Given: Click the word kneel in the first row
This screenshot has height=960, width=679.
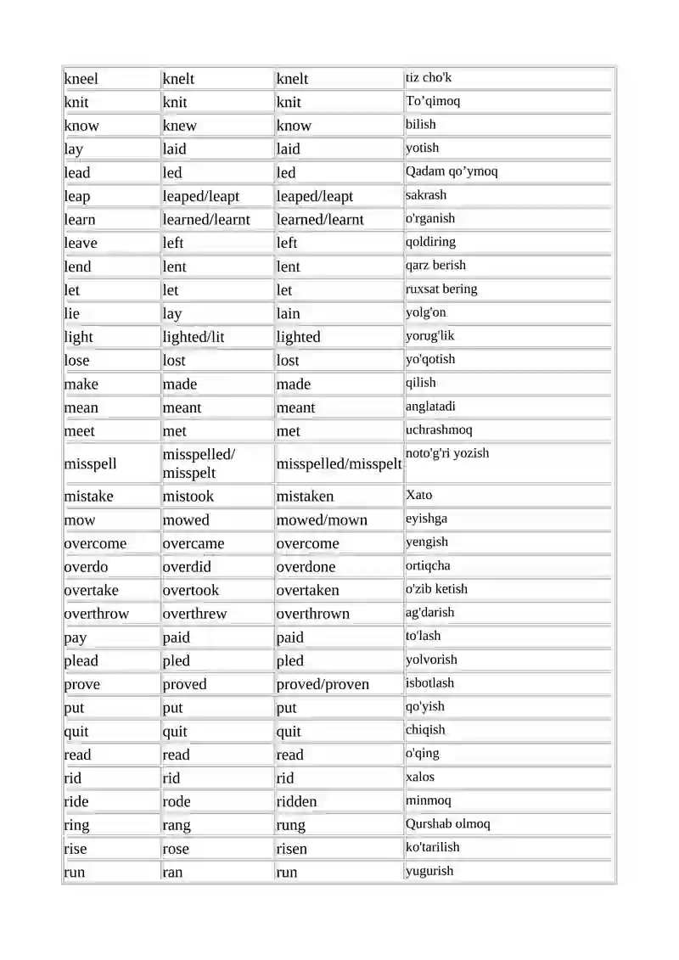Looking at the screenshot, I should tap(81, 79).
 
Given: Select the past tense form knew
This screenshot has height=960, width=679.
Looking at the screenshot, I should tap(179, 126).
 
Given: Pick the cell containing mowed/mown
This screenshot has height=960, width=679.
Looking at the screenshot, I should tap(322, 519).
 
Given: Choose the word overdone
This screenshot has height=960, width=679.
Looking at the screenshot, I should tap(306, 566).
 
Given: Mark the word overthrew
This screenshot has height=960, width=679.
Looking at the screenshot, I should tap(194, 614).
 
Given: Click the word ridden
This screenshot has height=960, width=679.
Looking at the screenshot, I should tap(296, 801).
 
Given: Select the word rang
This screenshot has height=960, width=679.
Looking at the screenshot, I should tap(177, 825).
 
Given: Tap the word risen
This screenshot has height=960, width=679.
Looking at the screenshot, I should tap(291, 849).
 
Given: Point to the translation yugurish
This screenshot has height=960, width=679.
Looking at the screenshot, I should tap(429, 871).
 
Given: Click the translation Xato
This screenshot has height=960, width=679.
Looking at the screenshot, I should tap(419, 495).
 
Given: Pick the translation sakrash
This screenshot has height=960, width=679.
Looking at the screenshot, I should tap(426, 194).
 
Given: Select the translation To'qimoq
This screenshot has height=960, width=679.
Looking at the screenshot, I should tap(433, 101).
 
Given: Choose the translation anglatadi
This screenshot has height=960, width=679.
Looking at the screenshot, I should tap(430, 406).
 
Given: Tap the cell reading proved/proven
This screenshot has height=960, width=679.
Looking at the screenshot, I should tap(323, 684).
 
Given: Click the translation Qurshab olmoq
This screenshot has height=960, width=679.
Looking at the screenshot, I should tap(447, 823).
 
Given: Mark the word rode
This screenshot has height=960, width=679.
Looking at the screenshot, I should tap(177, 801).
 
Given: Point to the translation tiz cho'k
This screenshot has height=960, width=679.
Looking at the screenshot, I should tap(429, 78).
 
